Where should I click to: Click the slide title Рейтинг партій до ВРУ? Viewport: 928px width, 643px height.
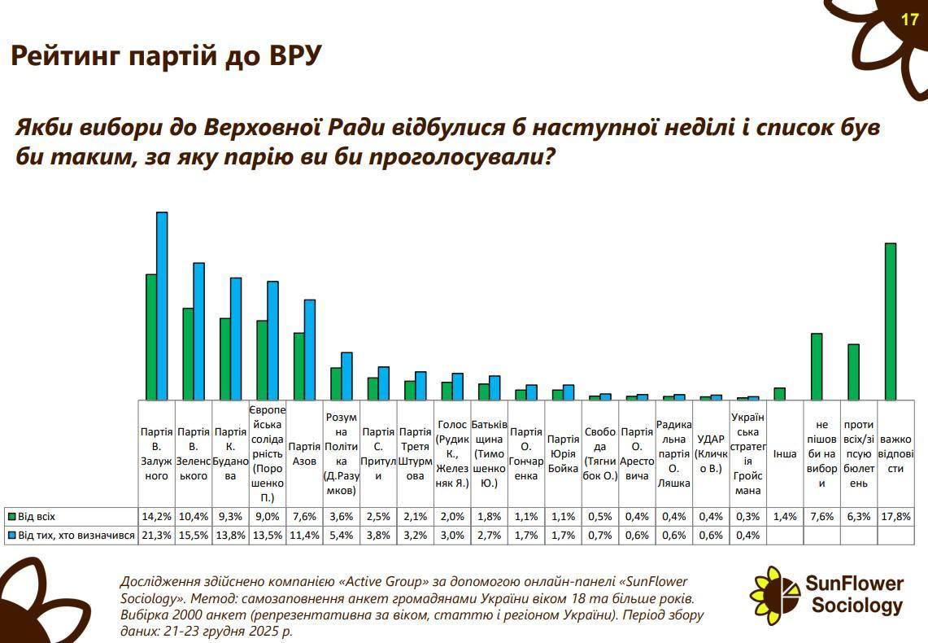pos(166,56)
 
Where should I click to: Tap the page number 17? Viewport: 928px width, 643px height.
pos(910,20)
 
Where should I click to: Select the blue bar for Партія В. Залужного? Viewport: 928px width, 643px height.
pos(162,305)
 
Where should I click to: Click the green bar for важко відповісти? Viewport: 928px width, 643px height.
pos(890,321)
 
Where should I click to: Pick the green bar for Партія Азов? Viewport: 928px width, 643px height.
pos(298,365)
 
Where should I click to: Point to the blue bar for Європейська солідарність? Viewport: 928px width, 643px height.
pos(272,340)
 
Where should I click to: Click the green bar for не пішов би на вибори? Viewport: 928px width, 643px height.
pos(817,366)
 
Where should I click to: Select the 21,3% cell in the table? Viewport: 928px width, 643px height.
pos(156,535)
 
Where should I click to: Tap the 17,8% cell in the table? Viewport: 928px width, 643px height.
pos(895,517)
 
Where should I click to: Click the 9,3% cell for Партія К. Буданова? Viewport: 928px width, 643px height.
pos(230,517)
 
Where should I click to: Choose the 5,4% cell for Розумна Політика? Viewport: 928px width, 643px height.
pos(341,535)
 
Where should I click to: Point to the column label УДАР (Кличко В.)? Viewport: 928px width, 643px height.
pos(711,453)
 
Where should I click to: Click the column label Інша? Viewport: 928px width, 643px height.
pos(785,453)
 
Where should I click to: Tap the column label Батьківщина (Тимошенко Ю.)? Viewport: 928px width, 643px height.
pos(489,453)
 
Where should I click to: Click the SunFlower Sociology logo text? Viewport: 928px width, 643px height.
pos(855,594)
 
